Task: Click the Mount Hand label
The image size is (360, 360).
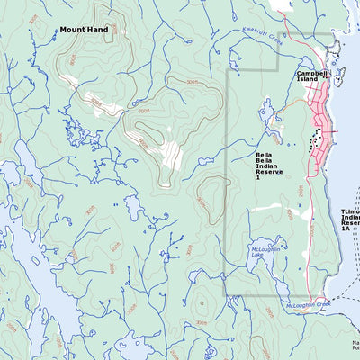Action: pyautogui.click(x=84, y=30)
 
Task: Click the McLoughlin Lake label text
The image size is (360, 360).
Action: pyautogui.click(x=262, y=255)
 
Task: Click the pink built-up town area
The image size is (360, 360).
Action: pyautogui.click(x=319, y=130)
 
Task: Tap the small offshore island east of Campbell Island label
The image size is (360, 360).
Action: pyautogui.click(x=340, y=74)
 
